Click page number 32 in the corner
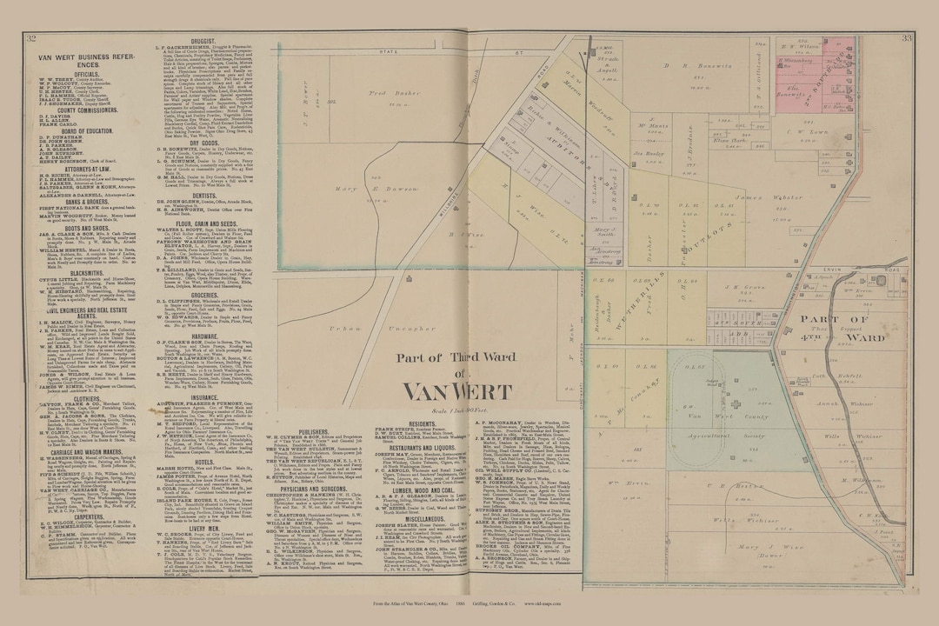click(31, 38)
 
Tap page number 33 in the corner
click(907, 38)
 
